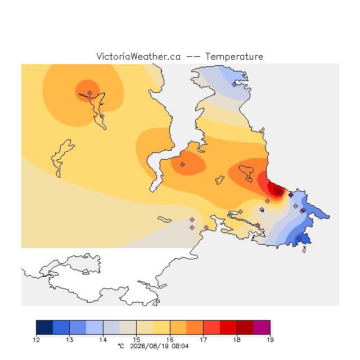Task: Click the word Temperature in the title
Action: [x=234, y=56]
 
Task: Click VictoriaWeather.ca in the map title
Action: [x=138, y=56]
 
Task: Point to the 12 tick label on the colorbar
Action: [x=36, y=340]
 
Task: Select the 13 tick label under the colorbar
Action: [x=70, y=340]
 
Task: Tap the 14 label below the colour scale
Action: [x=103, y=340]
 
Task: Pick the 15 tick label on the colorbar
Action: [x=136, y=340]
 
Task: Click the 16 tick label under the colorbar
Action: [x=170, y=340]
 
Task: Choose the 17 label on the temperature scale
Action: [x=204, y=340]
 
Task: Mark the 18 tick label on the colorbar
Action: [x=237, y=340]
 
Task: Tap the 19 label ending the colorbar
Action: [x=270, y=340]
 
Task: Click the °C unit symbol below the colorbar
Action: [x=121, y=346]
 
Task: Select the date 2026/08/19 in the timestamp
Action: [x=149, y=346]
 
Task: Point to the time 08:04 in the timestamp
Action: [x=180, y=346]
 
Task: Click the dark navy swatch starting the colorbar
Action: [x=44, y=327]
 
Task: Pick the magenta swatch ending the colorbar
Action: [x=262, y=327]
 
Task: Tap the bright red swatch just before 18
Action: [x=228, y=327]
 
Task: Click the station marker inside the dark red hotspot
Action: [x=280, y=192]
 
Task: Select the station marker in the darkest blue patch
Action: [x=299, y=238]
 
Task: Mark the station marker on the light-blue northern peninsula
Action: [x=234, y=85]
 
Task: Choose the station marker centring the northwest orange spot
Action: [x=90, y=93]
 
